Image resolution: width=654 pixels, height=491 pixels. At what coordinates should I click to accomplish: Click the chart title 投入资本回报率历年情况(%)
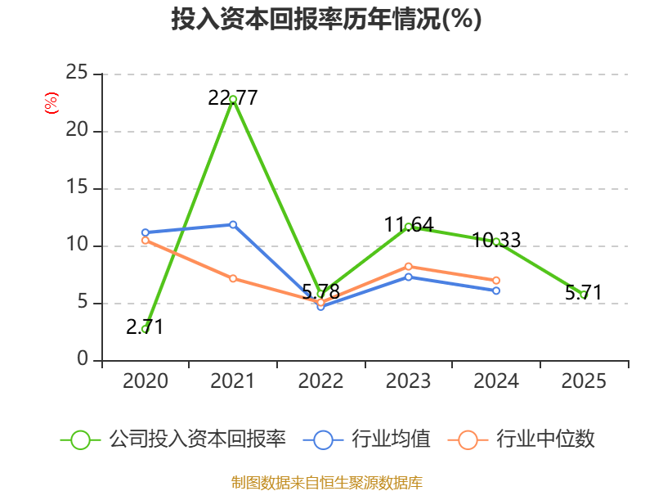tap(326, 19)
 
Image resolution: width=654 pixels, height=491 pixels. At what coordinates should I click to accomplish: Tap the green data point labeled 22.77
tap(233, 99)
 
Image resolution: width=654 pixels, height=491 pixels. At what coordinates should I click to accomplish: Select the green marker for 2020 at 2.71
tap(146, 329)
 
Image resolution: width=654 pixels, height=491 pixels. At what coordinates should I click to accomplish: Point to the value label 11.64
tap(409, 224)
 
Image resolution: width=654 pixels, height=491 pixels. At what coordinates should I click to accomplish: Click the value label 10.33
tap(496, 240)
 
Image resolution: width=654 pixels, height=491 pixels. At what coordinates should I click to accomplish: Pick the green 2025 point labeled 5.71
tap(584, 295)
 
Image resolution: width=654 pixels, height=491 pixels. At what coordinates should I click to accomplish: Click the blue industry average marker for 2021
tap(233, 224)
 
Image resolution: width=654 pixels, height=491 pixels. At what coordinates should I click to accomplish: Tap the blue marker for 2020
tap(146, 232)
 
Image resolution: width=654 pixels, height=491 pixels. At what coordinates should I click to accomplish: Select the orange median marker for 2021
tap(233, 278)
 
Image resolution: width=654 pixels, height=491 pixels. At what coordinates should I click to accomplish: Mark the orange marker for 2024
tap(496, 280)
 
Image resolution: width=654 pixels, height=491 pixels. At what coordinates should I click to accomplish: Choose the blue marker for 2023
tap(409, 277)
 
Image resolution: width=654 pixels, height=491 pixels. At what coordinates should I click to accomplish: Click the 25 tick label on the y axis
tap(77, 73)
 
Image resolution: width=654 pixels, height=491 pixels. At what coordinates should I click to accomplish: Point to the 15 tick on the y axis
tap(77, 187)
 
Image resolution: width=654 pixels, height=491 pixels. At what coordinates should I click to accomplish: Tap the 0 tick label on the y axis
tap(83, 358)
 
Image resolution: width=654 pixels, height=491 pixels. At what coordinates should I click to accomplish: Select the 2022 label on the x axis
tap(320, 381)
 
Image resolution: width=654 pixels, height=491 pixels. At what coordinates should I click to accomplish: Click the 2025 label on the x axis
tap(584, 381)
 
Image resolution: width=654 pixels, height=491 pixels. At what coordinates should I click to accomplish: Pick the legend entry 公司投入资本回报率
tap(173, 439)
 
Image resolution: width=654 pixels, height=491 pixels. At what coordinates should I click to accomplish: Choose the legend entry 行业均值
tap(366, 439)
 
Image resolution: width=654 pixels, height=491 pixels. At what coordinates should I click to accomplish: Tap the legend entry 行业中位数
tap(521, 439)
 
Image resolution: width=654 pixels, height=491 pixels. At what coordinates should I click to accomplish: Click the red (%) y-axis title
tap(52, 103)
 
